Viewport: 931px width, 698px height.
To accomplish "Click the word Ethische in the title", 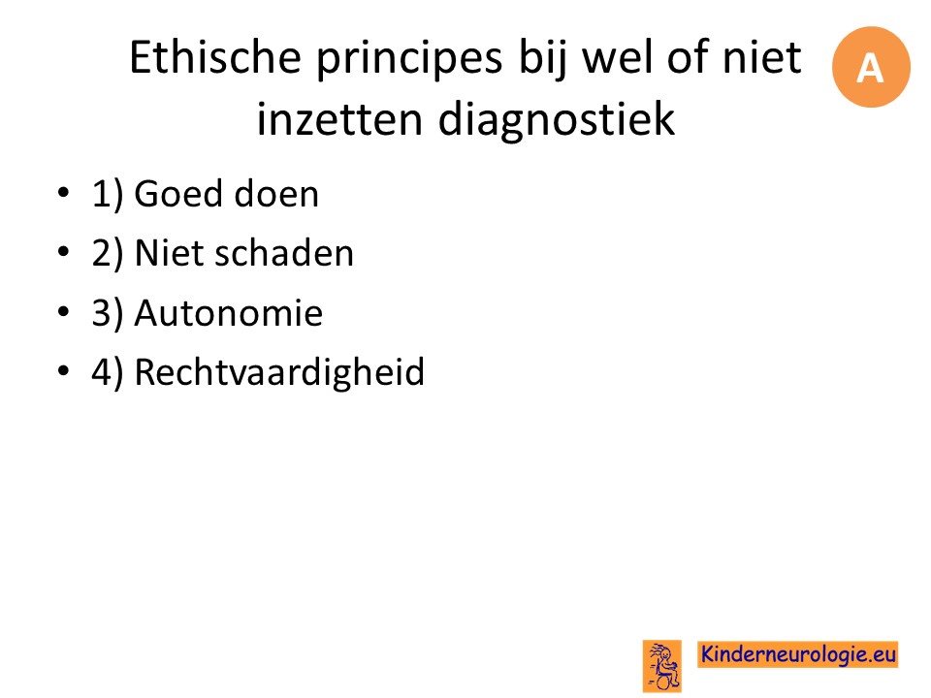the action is point(215,57).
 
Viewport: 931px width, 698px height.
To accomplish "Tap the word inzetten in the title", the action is point(339,118).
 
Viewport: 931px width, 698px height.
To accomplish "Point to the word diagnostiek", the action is point(557,118).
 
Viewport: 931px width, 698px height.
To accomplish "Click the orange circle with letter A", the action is point(871,67).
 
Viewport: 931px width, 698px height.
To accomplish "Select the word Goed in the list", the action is point(178,194).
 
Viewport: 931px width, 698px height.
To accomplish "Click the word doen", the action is point(276,194).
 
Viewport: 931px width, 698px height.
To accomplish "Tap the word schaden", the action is point(284,253).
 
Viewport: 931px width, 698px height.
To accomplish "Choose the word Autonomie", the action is point(229,313).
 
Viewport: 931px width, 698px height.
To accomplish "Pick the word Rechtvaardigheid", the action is point(279,373).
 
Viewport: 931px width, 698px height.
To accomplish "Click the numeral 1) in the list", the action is point(108,194).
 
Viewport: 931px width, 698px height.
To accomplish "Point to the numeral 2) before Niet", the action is point(108,253).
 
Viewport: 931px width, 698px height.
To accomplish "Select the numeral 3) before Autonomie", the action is point(108,313).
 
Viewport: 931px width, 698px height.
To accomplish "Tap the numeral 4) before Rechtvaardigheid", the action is point(108,372).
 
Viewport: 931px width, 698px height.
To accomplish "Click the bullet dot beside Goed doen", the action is point(64,192).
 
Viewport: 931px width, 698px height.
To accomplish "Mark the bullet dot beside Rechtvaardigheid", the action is point(64,371).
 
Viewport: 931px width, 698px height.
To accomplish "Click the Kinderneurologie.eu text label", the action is point(798,654).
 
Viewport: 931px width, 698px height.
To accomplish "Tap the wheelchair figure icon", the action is point(662,666).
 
